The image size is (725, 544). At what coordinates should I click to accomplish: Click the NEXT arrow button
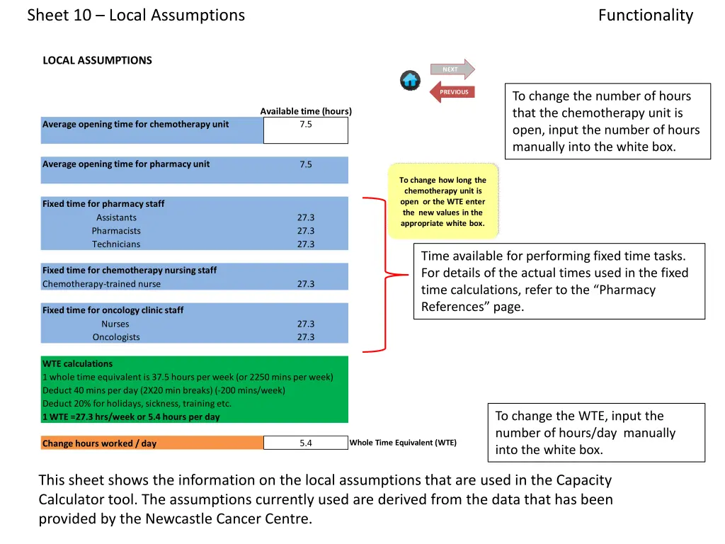[452, 69]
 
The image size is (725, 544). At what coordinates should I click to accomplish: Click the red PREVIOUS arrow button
[452, 91]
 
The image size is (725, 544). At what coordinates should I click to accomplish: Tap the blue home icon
[410, 80]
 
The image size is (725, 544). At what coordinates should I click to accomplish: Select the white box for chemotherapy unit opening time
[306, 130]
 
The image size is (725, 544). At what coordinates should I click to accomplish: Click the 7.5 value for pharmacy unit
[306, 164]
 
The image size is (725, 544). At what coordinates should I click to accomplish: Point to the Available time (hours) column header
[306, 111]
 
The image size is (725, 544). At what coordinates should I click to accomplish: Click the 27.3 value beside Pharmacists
[306, 231]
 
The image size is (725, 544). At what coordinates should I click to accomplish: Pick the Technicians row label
[116, 244]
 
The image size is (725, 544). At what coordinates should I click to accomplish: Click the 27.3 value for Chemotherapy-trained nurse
[306, 284]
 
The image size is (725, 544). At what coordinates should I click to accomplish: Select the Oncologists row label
[116, 337]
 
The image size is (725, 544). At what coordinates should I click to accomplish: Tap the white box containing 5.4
[306, 443]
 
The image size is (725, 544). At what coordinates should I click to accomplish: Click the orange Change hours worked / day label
[99, 443]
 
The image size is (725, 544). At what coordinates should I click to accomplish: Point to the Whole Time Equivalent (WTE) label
[403, 443]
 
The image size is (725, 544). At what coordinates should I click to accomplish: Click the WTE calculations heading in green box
[77, 363]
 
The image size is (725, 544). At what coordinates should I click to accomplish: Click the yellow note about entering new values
[443, 201]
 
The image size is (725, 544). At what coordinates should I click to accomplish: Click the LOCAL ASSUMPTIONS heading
[97, 60]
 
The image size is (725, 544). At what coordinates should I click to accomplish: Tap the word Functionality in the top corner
[645, 15]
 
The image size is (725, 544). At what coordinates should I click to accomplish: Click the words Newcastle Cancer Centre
[227, 518]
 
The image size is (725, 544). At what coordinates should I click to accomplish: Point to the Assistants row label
[116, 217]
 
